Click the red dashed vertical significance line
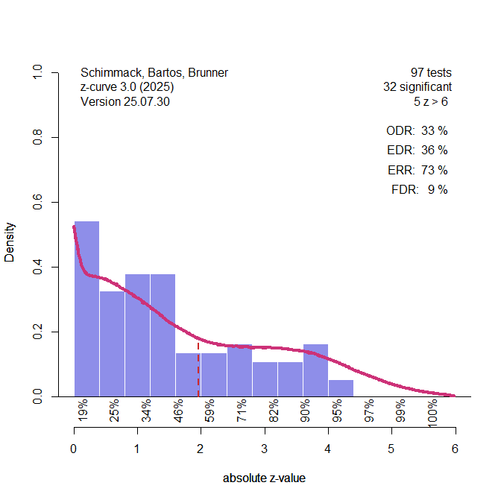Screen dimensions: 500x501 pos(198,369)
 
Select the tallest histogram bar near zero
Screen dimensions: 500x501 pos(86,309)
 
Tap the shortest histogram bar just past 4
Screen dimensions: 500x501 pos(341,388)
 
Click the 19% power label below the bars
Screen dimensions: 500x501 pos(83,411)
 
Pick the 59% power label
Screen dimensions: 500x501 pos(210,411)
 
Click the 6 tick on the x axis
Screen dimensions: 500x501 pos(455,449)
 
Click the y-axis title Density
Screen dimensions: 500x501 pos(10,241)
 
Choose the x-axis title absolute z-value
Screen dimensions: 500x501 pos(264,478)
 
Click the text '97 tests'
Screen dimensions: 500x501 pos(431,73)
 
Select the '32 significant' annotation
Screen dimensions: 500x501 pos(417,87)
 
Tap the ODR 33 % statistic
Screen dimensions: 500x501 pos(417,131)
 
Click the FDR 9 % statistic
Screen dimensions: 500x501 pos(419,190)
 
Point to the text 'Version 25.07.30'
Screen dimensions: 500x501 pos(125,101)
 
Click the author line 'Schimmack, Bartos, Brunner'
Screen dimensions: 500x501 pos(154,73)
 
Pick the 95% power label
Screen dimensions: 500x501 pos(337,411)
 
